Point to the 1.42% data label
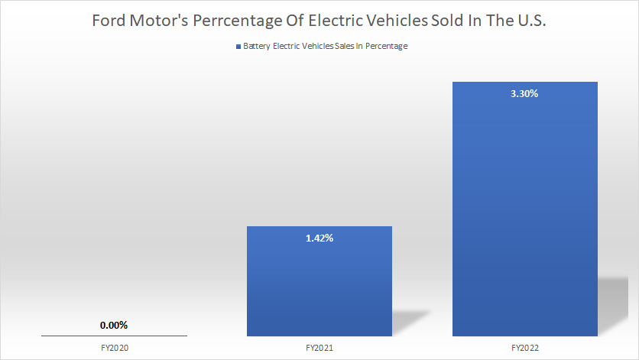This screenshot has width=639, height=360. pos(319,238)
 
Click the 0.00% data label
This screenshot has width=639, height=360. pos(114,325)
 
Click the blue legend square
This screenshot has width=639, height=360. pos(238,47)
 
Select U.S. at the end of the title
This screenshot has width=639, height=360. pos(530,21)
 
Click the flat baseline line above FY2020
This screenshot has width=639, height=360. pos(114,336)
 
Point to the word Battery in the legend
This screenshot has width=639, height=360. pos(257,47)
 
